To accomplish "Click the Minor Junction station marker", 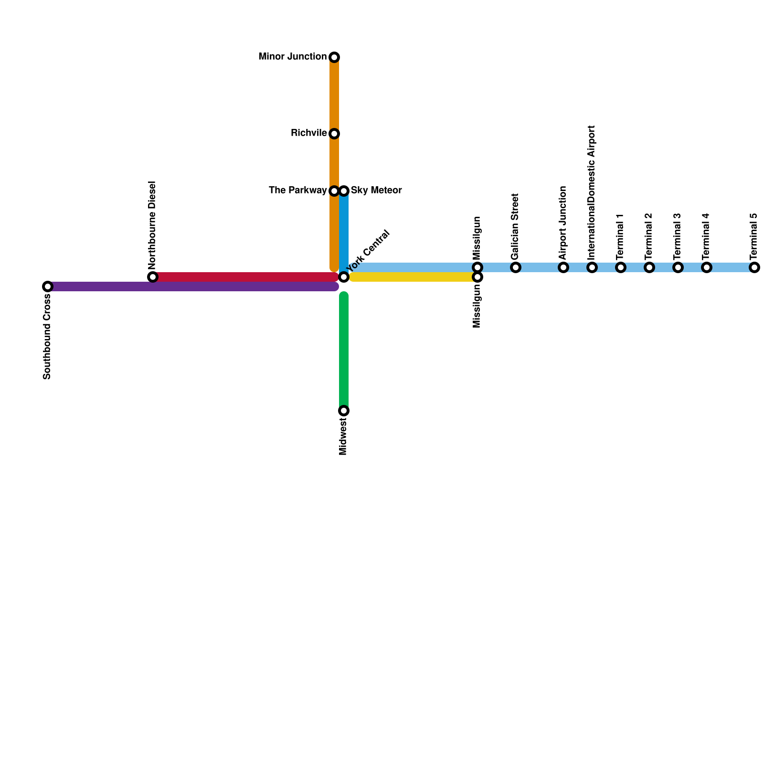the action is [334, 57].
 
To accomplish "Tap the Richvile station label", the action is [308, 133].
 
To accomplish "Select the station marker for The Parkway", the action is [334, 191].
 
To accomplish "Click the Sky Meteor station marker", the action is [344, 191].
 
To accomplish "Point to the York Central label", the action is [369, 250].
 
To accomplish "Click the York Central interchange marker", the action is [344, 277].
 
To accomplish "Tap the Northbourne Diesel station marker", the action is [153, 277].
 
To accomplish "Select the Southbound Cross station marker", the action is [47, 286].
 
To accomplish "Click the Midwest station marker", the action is [344, 411].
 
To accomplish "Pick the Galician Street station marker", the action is [516, 267].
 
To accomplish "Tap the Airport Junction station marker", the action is [563, 267].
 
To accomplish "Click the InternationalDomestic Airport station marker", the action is [592, 267].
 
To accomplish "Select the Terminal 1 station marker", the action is [621, 267].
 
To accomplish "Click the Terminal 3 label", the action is [678, 236].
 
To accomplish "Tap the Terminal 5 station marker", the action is [754, 267].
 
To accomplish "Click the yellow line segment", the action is [411, 277].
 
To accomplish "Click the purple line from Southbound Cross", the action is [191, 286].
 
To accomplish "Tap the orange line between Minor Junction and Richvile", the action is [334, 95].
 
